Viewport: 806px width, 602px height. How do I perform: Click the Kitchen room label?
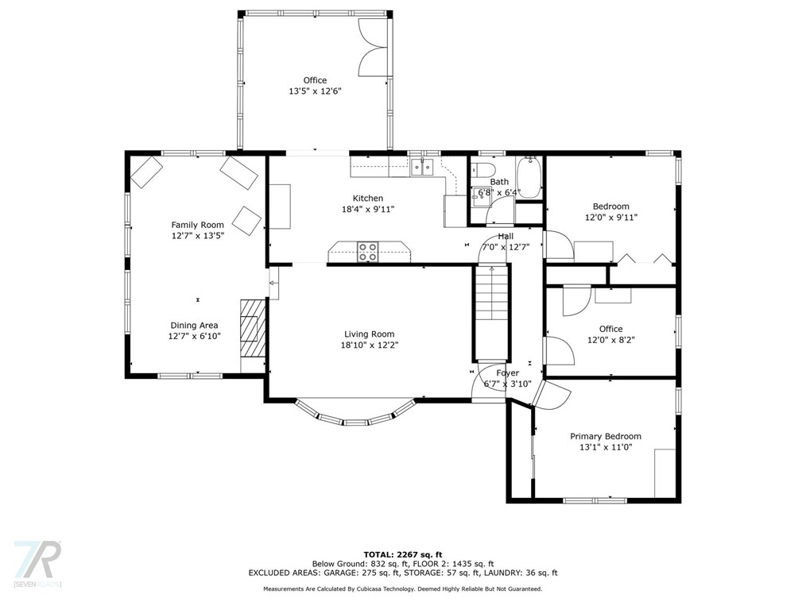pos(367,199)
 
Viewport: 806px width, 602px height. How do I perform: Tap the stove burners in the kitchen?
pos(367,252)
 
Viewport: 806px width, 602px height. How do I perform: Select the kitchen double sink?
pos(423,168)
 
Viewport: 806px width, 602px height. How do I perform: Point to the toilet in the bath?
pos(482,169)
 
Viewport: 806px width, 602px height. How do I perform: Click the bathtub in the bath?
pos(528,178)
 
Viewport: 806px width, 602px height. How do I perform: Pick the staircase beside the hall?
pos(492,314)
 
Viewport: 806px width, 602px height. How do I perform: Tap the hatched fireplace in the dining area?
pos(253,329)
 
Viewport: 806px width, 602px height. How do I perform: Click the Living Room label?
pos(369,334)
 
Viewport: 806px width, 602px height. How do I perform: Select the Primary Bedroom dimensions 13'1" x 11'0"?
pos(606,447)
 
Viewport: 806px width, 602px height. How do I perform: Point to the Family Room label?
pos(197,225)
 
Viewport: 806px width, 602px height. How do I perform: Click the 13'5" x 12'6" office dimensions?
pos(315,91)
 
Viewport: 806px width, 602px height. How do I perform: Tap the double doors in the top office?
pos(373,48)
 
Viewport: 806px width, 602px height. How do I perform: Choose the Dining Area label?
pos(194,325)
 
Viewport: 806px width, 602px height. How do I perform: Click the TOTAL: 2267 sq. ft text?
pos(403,554)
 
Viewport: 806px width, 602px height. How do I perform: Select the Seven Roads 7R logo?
pos(37,563)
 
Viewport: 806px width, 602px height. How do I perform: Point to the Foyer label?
pos(507,373)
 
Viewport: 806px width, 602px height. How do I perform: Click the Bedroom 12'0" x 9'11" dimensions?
pos(611,218)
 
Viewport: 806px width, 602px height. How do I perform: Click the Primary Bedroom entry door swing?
pos(552,395)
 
